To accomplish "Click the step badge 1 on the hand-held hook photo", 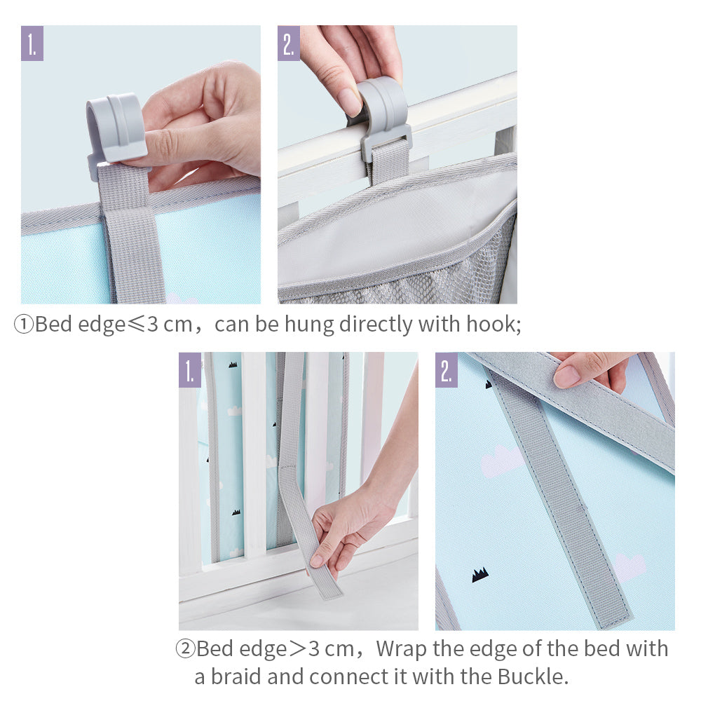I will (32, 43).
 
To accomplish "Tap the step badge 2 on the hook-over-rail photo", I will (289, 43).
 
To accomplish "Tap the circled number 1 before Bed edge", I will (23, 325).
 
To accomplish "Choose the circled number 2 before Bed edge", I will (184, 648).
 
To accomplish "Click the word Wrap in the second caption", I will (402, 648).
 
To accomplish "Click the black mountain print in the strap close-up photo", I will (480, 575).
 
